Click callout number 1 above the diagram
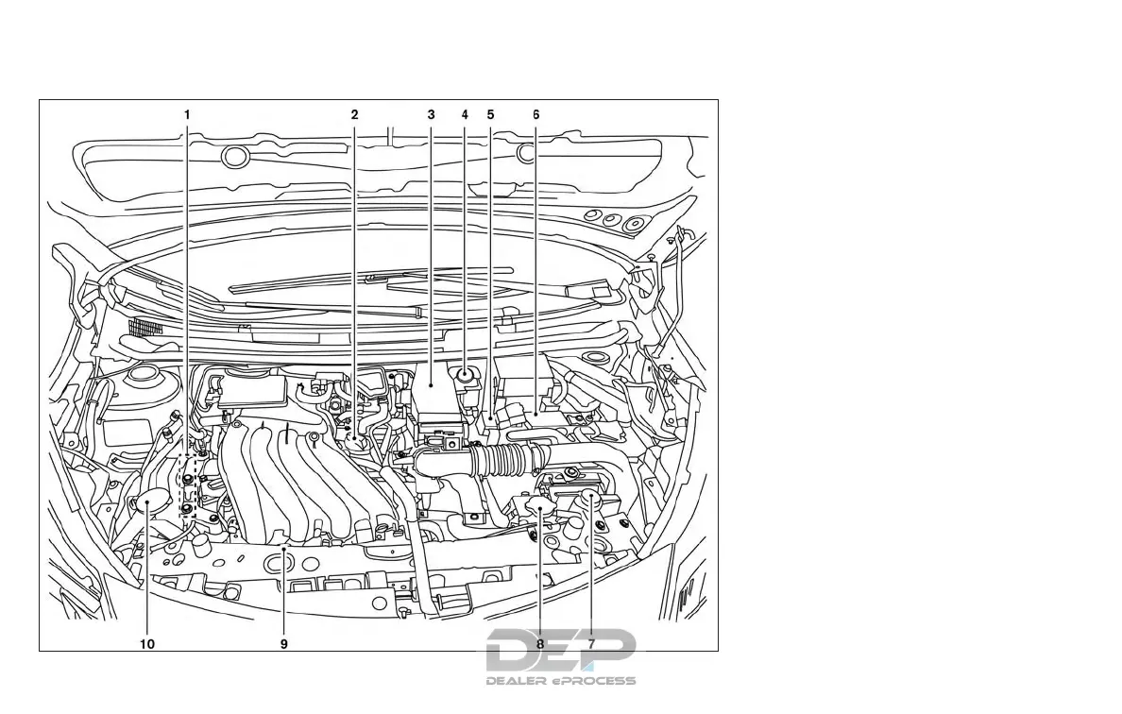click(187, 114)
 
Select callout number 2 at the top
click(354, 114)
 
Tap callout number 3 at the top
click(431, 114)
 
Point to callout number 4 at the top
click(465, 114)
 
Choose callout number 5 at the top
click(490, 114)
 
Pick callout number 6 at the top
click(535, 114)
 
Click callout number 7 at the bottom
click(592, 643)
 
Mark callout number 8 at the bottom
click(540, 643)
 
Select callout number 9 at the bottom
click(283, 643)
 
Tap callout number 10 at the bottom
click(147, 643)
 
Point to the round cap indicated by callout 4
click(466, 375)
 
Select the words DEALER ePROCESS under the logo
click(561, 680)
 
